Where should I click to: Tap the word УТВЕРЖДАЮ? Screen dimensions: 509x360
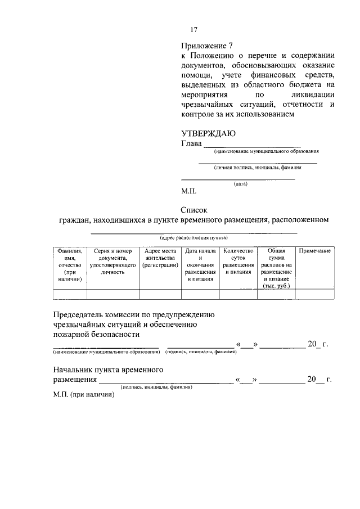(208, 133)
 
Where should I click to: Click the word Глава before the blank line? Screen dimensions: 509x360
(191, 143)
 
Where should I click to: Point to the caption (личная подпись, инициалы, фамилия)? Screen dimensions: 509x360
(257, 167)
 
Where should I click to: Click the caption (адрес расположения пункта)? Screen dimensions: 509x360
(193, 238)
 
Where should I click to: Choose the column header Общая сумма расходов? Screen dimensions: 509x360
(276, 268)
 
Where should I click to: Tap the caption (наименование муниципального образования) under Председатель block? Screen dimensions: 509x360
(105, 352)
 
